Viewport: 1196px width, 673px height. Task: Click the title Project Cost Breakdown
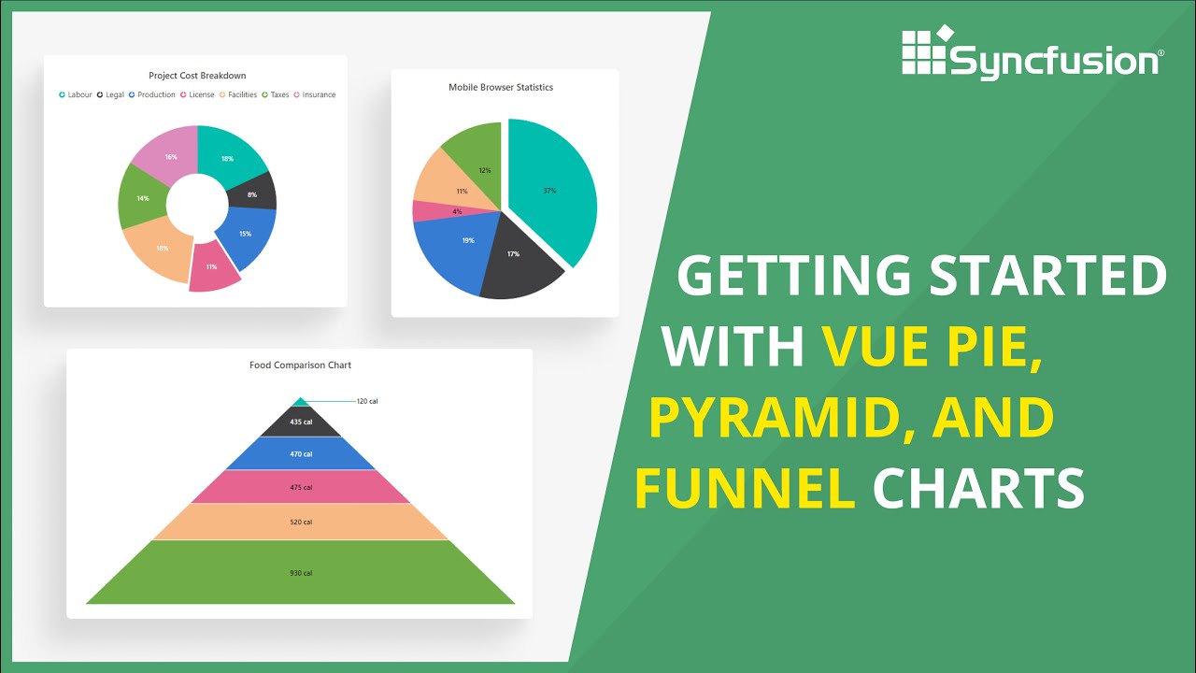click(x=197, y=76)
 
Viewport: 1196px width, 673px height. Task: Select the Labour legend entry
click(x=76, y=94)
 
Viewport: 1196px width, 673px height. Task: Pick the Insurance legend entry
click(x=315, y=94)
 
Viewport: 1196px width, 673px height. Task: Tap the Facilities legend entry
click(x=238, y=94)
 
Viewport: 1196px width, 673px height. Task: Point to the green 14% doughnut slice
click(x=142, y=198)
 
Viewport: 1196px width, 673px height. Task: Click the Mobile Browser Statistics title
click(x=501, y=87)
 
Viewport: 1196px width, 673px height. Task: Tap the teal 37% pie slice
click(x=550, y=191)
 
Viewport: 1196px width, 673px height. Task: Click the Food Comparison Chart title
click(x=300, y=365)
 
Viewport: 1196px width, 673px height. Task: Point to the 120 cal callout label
click(x=366, y=401)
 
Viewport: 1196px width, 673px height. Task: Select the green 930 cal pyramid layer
click(x=300, y=572)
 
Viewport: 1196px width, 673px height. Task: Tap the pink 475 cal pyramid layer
click(x=300, y=487)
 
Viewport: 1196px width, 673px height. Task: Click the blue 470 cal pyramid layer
click(x=300, y=453)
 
